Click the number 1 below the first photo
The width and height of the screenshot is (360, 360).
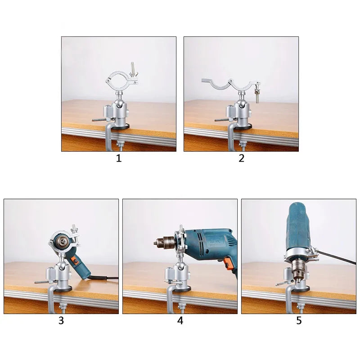(119, 158)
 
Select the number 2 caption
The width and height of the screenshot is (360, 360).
(242, 158)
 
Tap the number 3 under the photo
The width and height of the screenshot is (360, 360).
(61, 321)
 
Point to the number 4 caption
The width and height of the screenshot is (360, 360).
(180, 321)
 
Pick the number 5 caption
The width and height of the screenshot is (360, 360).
(299, 321)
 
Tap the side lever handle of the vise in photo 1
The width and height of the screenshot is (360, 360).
(100, 120)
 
